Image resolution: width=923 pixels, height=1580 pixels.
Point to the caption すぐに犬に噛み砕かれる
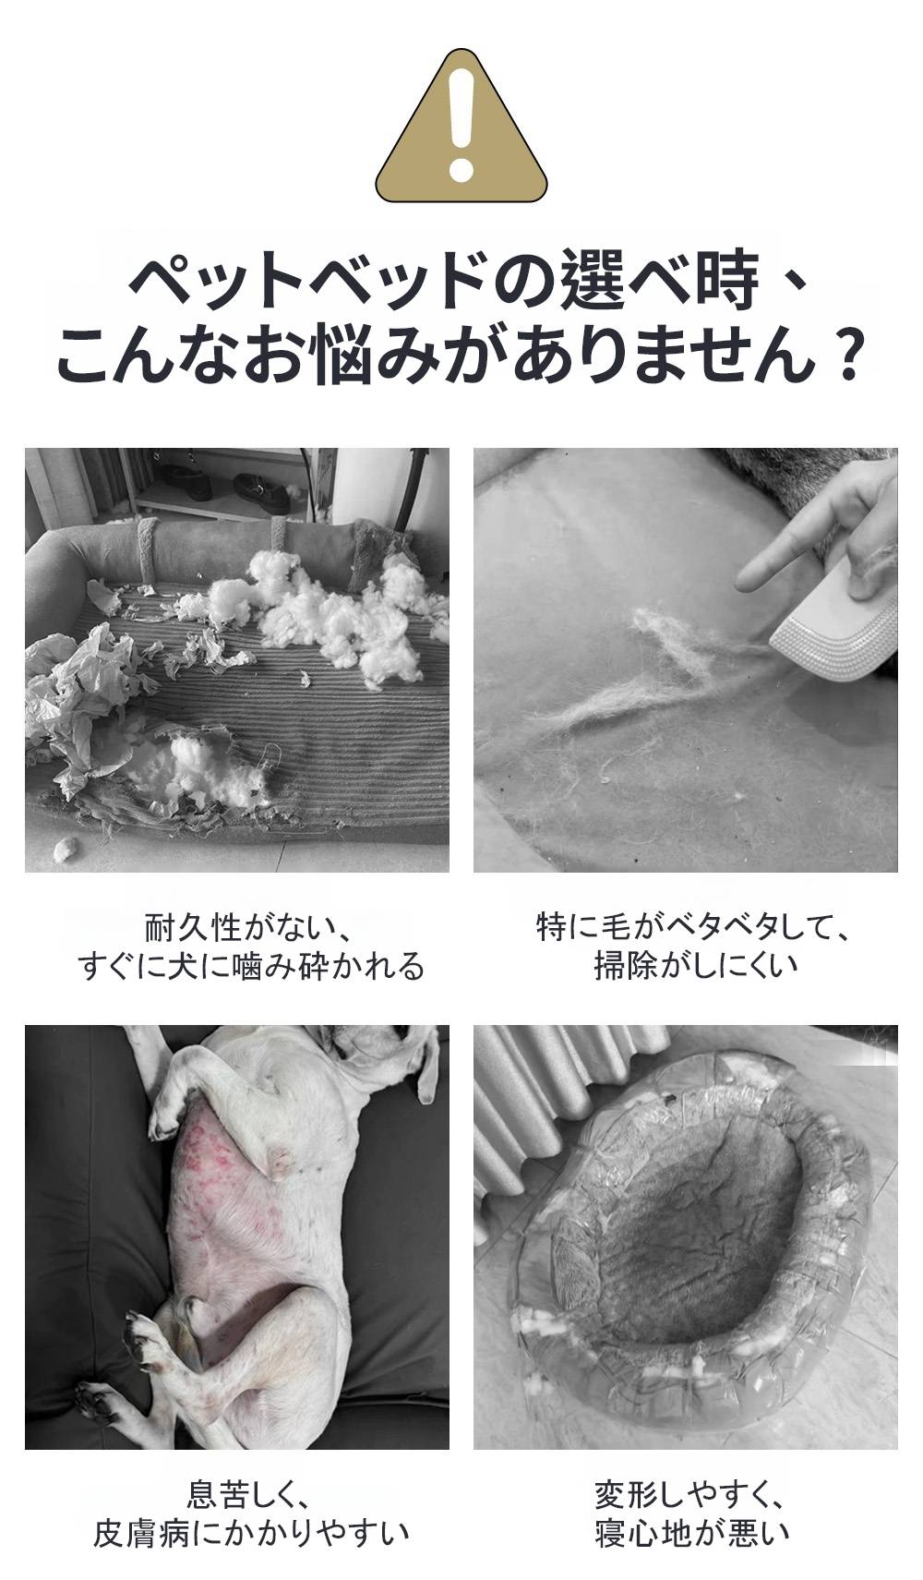tap(251, 966)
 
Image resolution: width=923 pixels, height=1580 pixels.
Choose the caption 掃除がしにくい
tap(696, 966)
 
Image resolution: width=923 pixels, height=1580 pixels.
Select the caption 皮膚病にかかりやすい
tap(251, 1533)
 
